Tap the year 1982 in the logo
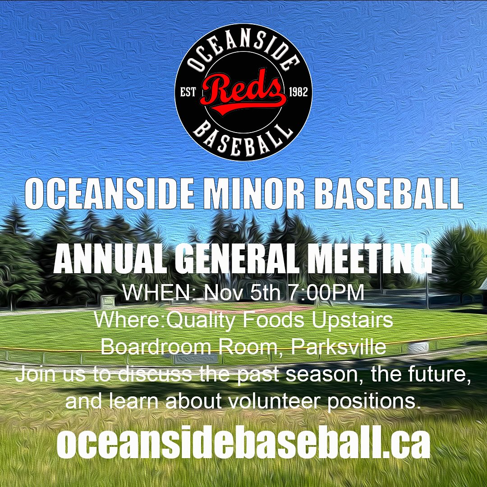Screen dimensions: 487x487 [x=298, y=92]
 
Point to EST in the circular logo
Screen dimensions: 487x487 [x=188, y=92]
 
